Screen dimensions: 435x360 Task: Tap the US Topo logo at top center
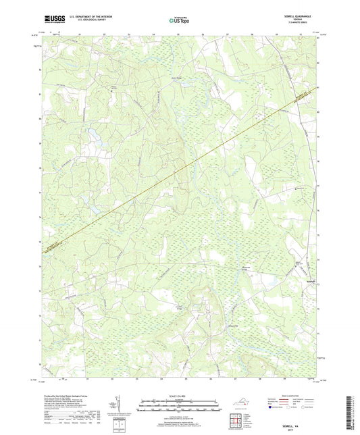tap(179, 20)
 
